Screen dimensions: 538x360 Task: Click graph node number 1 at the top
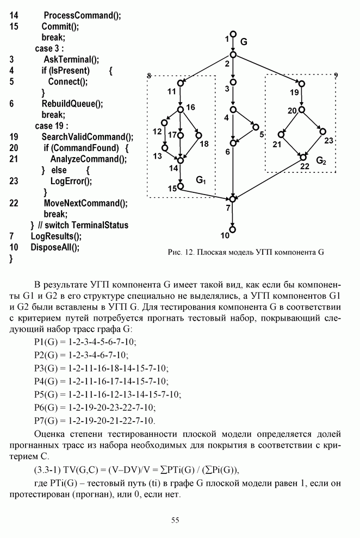tap(233, 34)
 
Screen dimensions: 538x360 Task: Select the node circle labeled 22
tap(303, 158)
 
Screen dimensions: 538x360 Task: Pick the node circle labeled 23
tap(322, 132)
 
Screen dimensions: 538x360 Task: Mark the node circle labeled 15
tap(181, 186)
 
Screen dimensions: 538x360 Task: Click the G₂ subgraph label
tap(321, 161)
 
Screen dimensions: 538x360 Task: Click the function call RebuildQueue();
tap(72, 104)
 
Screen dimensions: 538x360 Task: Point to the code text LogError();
tap(71, 181)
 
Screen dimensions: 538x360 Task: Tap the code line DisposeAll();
tap(55, 247)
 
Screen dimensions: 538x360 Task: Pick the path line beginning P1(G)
tap(85, 342)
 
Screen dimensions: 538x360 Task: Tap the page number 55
tap(175, 520)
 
